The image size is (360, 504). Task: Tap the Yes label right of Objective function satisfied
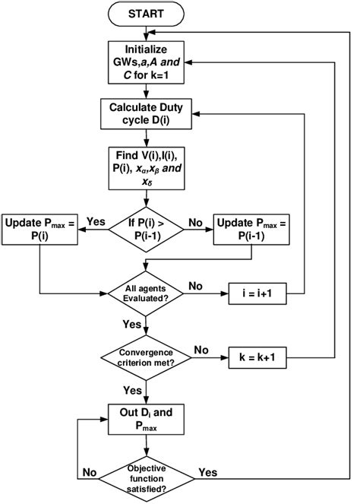207,472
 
